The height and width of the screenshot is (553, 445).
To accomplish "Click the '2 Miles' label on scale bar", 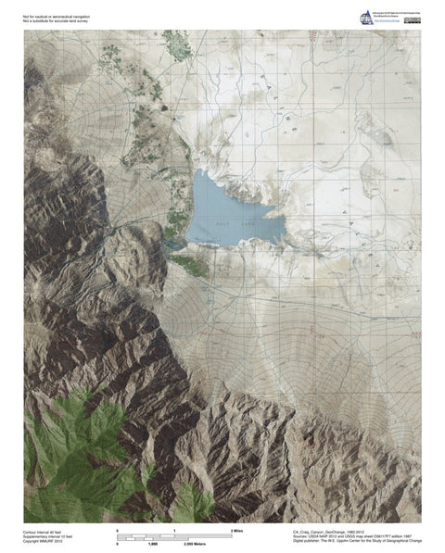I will pos(236,530).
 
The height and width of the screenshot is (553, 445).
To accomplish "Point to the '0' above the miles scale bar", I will pos(118,530).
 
